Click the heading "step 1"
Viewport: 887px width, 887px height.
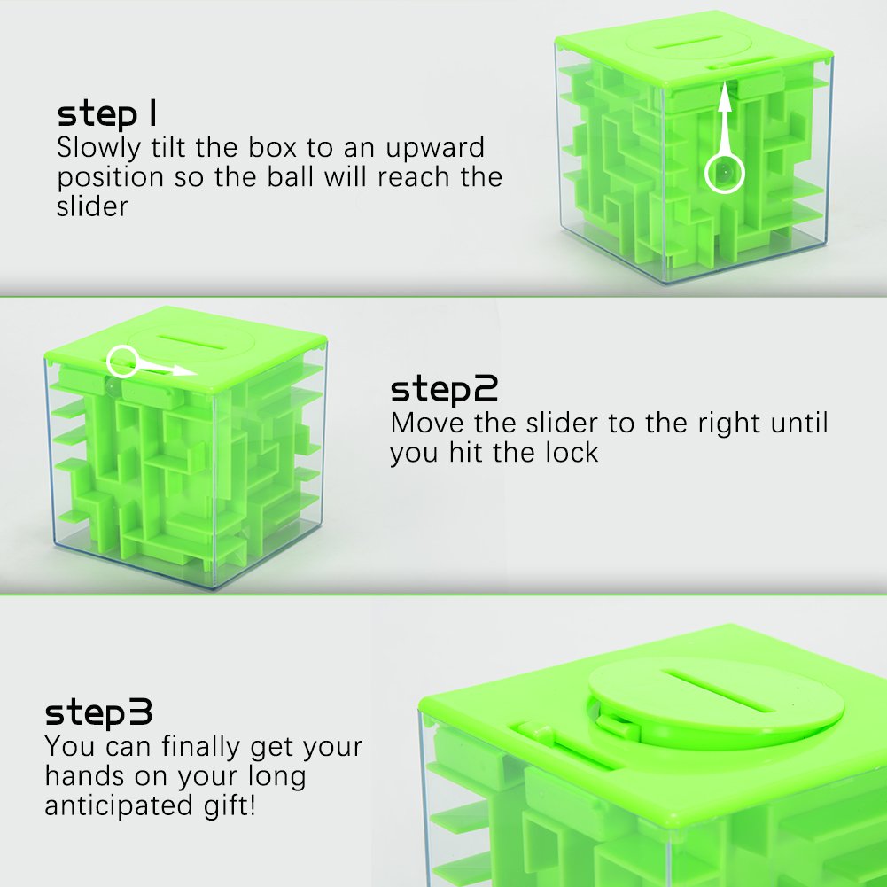click(x=108, y=114)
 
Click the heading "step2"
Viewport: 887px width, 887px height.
click(x=445, y=389)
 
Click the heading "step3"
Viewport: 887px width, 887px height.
click(x=99, y=712)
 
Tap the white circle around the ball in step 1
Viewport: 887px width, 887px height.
click(x=724, y=172)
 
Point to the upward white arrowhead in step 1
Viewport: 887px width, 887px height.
click(x=725, y=95)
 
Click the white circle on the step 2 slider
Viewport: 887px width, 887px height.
click(x=123, y=361)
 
